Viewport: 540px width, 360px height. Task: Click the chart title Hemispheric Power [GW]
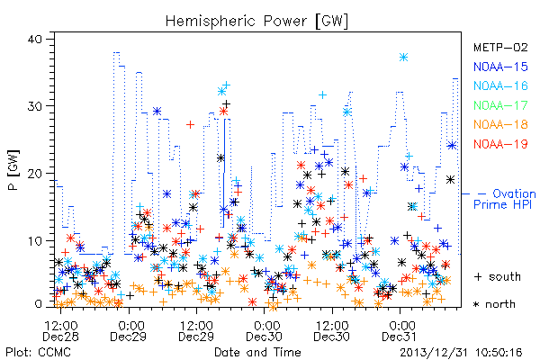coord(256,22)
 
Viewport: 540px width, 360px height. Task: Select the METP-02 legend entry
coord(500,47)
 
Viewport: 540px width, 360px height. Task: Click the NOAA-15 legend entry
coord(500,67)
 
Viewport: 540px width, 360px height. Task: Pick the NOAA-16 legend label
coord(500,85)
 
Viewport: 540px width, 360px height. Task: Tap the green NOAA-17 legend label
coord(500,105)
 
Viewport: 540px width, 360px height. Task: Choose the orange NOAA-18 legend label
coord(500,124)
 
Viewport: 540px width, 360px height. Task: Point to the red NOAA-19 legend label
coord(500,144)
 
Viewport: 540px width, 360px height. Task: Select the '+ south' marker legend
coord(498,276)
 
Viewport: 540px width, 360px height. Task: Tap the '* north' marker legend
coord(494,304)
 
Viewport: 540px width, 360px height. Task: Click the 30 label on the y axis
coord(34,106)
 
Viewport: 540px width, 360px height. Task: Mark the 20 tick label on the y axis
coord(34,174)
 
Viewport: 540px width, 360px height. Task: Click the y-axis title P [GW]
coord(13,170)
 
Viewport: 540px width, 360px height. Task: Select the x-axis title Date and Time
coord(257,353)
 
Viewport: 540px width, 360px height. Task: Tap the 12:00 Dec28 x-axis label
coord(60,330)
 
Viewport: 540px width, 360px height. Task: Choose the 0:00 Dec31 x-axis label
coord(400,330)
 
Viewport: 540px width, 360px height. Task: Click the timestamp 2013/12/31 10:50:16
coord(461,353)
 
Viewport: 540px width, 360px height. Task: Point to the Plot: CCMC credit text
coord(38,353)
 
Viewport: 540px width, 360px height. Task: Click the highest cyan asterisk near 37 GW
coord(403,58)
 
